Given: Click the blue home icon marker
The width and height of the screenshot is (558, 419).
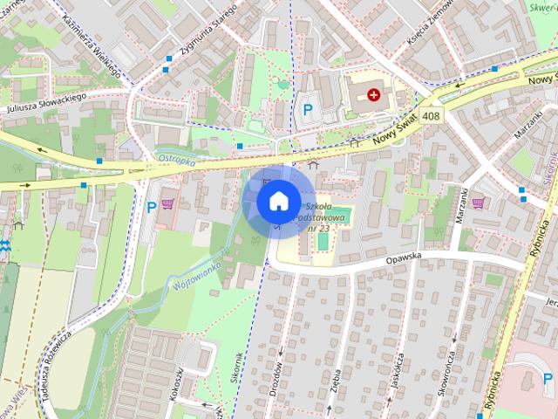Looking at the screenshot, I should click(x=277, y=201).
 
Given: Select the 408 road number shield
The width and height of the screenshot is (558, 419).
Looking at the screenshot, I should click(x=431, y=115).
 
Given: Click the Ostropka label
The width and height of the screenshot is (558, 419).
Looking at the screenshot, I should click(x=177, y=158).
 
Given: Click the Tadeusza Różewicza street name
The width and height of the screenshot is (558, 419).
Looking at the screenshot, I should click(x=53, y=367).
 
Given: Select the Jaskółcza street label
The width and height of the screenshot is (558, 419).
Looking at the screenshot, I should click(x=397, y=372).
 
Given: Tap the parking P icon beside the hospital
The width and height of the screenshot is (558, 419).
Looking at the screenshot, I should click(x=307, y=110).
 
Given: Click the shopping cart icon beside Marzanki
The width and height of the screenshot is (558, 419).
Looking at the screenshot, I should click(x=478, y=203).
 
